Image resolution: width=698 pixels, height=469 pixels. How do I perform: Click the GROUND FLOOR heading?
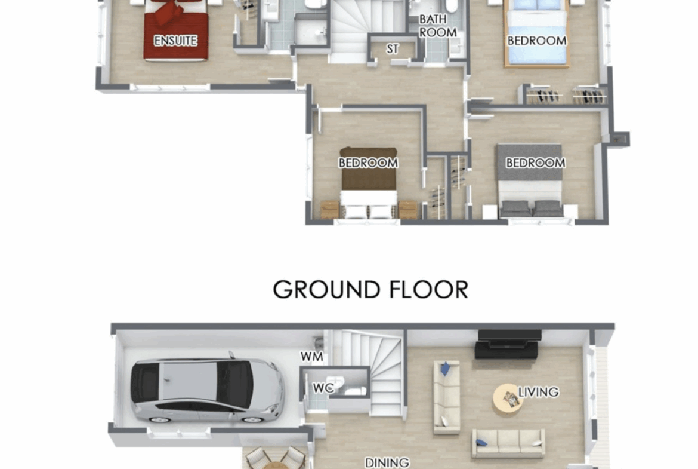coord(370,290)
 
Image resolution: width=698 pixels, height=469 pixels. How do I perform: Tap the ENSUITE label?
coord(175,41)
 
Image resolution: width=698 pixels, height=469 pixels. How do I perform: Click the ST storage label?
coord(392,48)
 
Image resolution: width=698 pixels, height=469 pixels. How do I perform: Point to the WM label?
coord(311,357)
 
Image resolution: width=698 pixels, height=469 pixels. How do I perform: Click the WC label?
coord(323,388)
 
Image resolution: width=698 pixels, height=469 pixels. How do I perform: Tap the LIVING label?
coord(538,392)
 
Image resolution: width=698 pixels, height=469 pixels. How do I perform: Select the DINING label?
coord(387,463)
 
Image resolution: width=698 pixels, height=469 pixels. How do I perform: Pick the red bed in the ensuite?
coord(176,30)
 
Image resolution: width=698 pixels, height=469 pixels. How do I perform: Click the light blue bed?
coord(537,33)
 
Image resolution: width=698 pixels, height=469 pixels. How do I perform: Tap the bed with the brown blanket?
coord(369,183)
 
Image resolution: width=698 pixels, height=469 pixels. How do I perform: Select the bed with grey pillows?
coord(530,180)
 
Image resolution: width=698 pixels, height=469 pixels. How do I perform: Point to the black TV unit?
coord(508,344)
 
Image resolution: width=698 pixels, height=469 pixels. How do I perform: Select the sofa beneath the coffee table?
coord(508,443)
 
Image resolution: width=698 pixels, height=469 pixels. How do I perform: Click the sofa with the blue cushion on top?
coord(447,397)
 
